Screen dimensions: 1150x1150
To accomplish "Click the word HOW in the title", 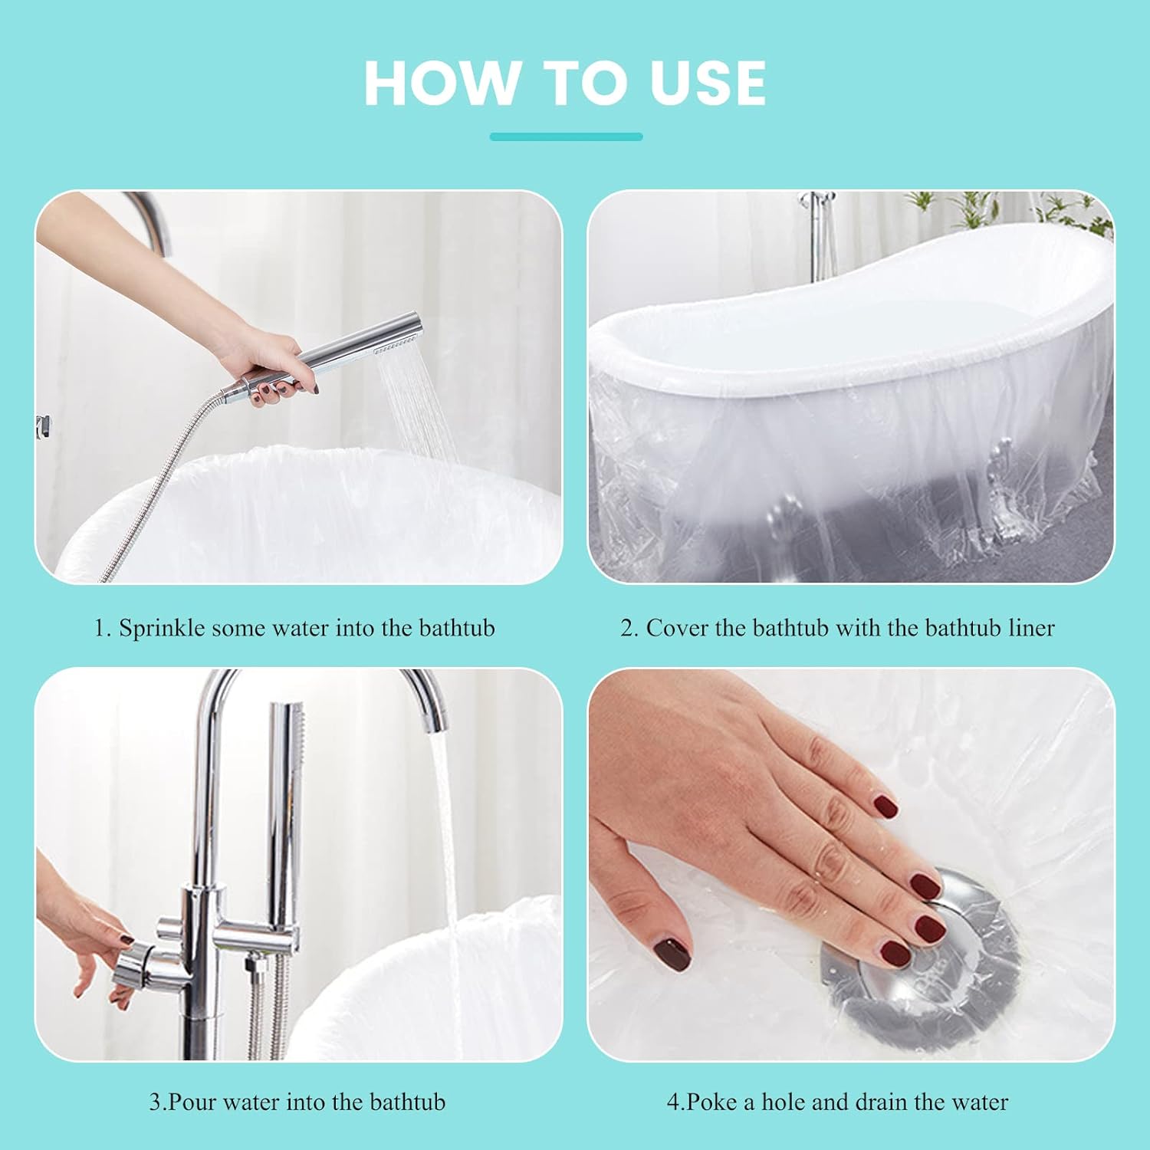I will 441,83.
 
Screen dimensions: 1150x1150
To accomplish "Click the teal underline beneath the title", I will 566,136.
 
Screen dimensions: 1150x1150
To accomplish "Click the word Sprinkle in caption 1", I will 162,628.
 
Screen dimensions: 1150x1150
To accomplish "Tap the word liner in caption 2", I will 1031,628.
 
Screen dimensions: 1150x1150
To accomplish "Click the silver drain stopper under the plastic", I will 920,974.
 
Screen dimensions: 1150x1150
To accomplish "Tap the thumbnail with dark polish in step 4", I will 670,954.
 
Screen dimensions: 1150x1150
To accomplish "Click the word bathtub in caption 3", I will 407,1102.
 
